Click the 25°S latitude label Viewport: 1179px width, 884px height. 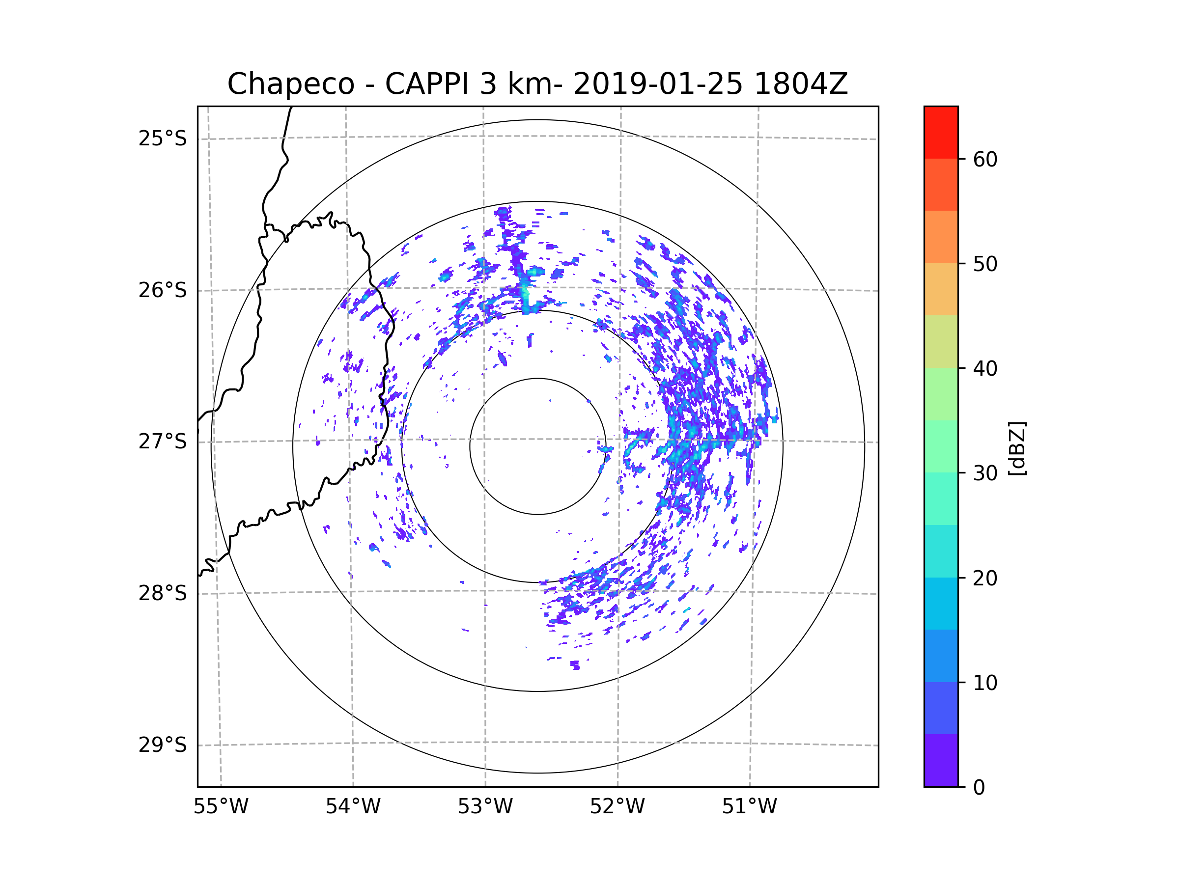[163, 138]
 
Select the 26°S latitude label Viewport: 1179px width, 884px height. [163, 290]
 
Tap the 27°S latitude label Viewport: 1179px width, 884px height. [163, 442]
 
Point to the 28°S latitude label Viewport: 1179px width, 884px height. [163, 593]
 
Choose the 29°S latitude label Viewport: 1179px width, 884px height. [163, 745]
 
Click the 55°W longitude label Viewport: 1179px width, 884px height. [221, 807]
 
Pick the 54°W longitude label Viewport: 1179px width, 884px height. [353, 807]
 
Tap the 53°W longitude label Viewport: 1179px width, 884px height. [485, 807]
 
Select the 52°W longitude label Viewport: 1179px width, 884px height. [617, 807]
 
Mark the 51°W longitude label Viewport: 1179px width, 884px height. [749, 807]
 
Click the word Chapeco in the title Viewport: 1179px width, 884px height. [291, 84]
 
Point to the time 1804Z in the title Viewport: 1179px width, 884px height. [801, 84]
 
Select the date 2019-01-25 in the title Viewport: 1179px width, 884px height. [658, 84]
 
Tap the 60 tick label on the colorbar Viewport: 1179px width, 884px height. [985, 159]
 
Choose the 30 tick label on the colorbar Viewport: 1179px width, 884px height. [985, 473]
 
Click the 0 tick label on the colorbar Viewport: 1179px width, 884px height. [979, 788]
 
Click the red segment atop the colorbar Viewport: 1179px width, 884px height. [941, 132]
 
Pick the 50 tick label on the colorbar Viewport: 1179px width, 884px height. [985, 264]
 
